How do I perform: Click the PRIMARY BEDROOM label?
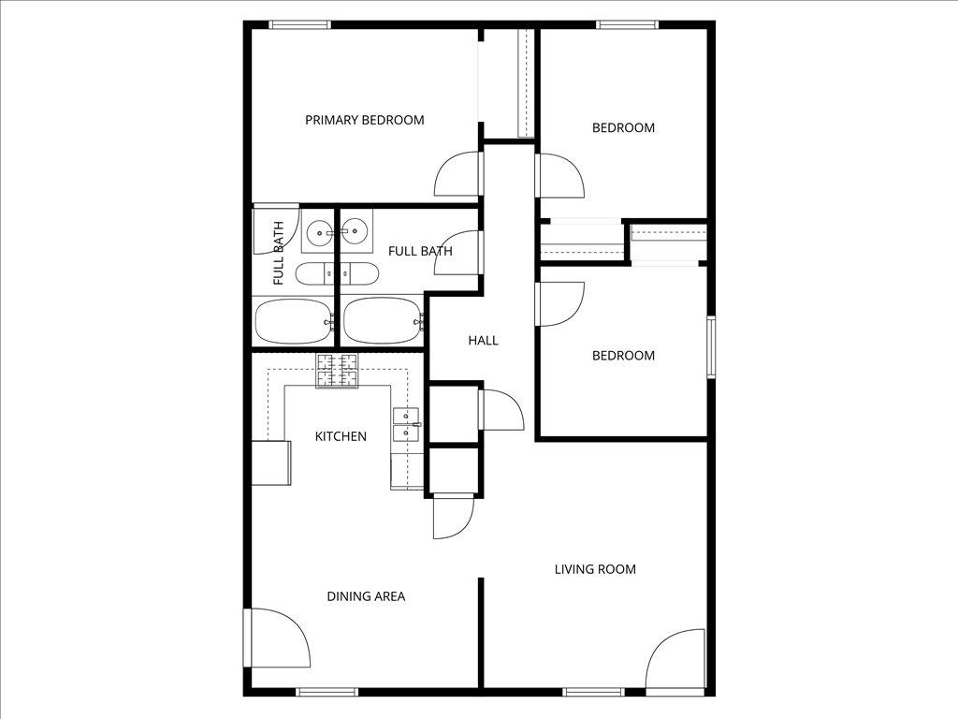pos(364,120)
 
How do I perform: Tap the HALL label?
pos(484,341)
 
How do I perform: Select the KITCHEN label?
pos(340,436)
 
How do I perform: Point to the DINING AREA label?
pos(366,596)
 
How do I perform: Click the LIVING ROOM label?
pos(595,569)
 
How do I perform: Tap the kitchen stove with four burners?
pos(338,371)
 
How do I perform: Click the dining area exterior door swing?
pos(277,638)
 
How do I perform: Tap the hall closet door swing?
pos(501,410)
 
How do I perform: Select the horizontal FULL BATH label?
pos(420,251)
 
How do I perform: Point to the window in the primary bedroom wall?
pos(298,24)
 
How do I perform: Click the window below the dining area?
pos(327,692)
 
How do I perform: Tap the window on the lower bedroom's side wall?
pos(711,346)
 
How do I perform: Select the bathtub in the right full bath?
pos(382,320)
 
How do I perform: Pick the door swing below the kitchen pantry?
pos(454,516)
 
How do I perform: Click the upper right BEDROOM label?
pos(623,127)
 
